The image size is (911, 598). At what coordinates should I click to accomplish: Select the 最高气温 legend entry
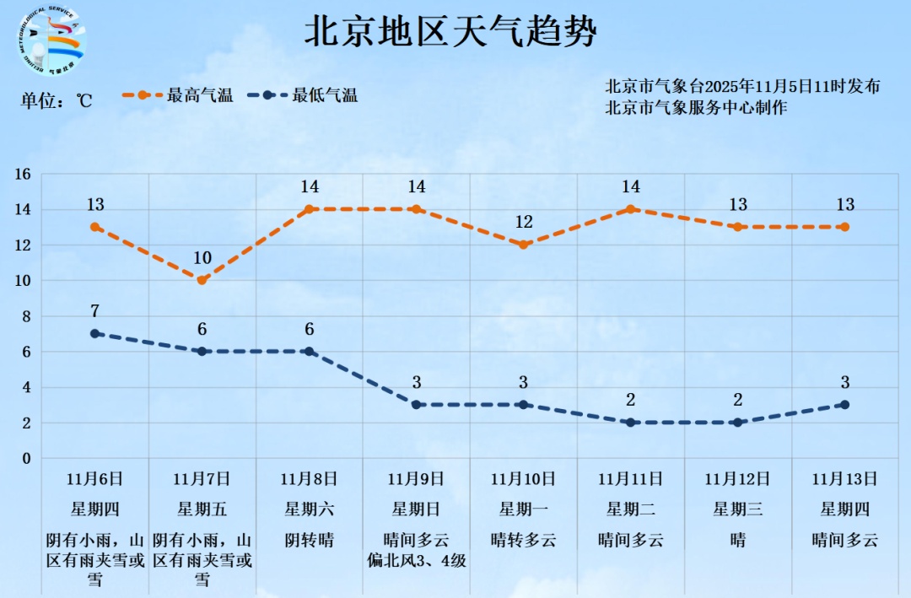coord(178,95)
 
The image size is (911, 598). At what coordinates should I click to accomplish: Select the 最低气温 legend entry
coord(303,95)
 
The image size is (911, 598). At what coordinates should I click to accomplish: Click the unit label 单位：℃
coord(56,100)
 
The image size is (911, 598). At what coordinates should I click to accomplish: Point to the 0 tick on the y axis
coord(26,458)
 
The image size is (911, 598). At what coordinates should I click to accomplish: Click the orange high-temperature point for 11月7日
coord(202,280)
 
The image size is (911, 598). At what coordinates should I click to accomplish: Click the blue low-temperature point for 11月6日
coord(95,334)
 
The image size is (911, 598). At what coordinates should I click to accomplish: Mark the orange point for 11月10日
coord(523,245)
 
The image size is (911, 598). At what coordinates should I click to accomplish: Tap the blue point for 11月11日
coord(630,423)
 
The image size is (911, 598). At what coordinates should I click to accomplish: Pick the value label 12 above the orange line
coord(524,223)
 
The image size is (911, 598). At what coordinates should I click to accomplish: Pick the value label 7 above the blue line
coord(95,311)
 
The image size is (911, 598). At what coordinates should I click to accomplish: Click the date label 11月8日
coord(309,479)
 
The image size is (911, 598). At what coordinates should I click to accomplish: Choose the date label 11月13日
coord(844,479)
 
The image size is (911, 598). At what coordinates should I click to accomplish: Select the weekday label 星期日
coord(416,509)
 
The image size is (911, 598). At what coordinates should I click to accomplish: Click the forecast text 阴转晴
coord(309,540)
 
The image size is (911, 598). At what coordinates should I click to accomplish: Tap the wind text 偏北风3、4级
coord(417,560)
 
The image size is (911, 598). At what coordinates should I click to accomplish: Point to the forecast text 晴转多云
coord(523,540)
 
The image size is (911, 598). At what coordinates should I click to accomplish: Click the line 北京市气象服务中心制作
coord(696,108)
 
